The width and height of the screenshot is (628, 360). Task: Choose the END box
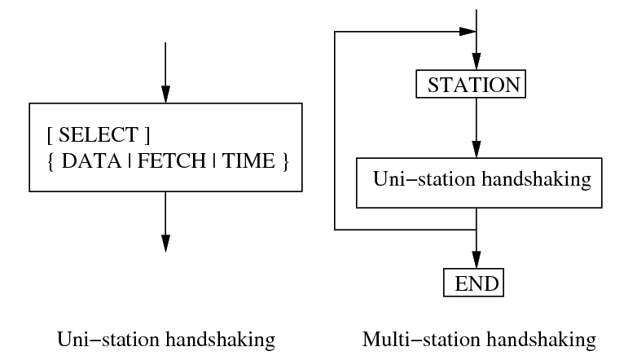[x=473, y=283]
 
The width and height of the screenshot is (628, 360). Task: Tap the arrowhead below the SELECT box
[x=165, y=243]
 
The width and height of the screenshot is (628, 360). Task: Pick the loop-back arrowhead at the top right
[x=467, y=32]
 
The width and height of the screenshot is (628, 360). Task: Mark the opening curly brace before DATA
[x=52, y=161]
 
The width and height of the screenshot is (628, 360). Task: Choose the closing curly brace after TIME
[x=285, y=161]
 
